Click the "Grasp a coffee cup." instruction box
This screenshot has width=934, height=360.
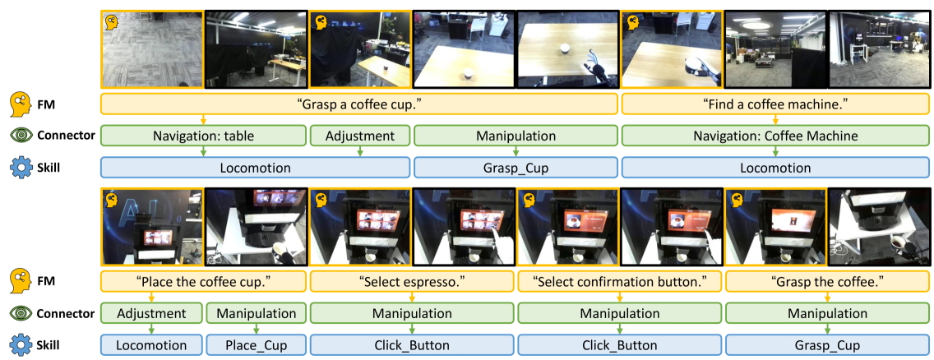[359, 104]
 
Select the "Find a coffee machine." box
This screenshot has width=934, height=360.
[775, 104]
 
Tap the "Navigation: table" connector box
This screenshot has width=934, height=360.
[204, 136]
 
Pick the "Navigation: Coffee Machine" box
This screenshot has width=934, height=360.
[775, 136]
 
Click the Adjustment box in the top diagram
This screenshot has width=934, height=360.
[360, 136]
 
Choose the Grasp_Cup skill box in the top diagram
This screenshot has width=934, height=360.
[516, 168]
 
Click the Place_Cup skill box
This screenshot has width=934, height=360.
[257, 345]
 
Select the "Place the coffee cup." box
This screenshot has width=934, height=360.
[204, 282]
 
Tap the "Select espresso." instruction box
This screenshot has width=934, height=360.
[412, 282]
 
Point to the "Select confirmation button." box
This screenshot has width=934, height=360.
[619, 282]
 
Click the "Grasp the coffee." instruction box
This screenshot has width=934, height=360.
[827, 282]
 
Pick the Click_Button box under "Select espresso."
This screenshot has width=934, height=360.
[412, 345]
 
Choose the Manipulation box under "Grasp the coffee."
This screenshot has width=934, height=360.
[827, 314]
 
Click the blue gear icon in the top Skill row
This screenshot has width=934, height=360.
[21, 168]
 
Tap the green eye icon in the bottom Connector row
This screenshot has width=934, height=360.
[21, 314]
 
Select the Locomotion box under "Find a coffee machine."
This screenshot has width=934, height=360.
[775, 168]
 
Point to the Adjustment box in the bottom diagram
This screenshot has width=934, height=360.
[151, 314]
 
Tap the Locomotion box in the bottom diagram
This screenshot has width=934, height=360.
[151, 345]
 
